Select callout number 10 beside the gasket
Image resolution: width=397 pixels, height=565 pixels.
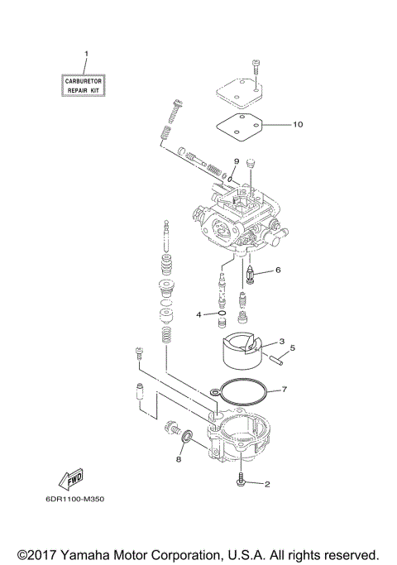coord(297,125)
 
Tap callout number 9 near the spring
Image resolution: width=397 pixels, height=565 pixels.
coord(237,161)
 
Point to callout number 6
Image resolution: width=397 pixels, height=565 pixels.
coord(278,270)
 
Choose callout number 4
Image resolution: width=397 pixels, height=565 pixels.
coord(199,314)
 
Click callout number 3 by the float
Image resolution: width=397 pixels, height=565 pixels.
coord(281,342)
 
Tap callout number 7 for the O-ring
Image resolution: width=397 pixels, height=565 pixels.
coord(284,388)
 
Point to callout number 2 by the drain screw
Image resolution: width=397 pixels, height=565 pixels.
coord(266,485)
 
